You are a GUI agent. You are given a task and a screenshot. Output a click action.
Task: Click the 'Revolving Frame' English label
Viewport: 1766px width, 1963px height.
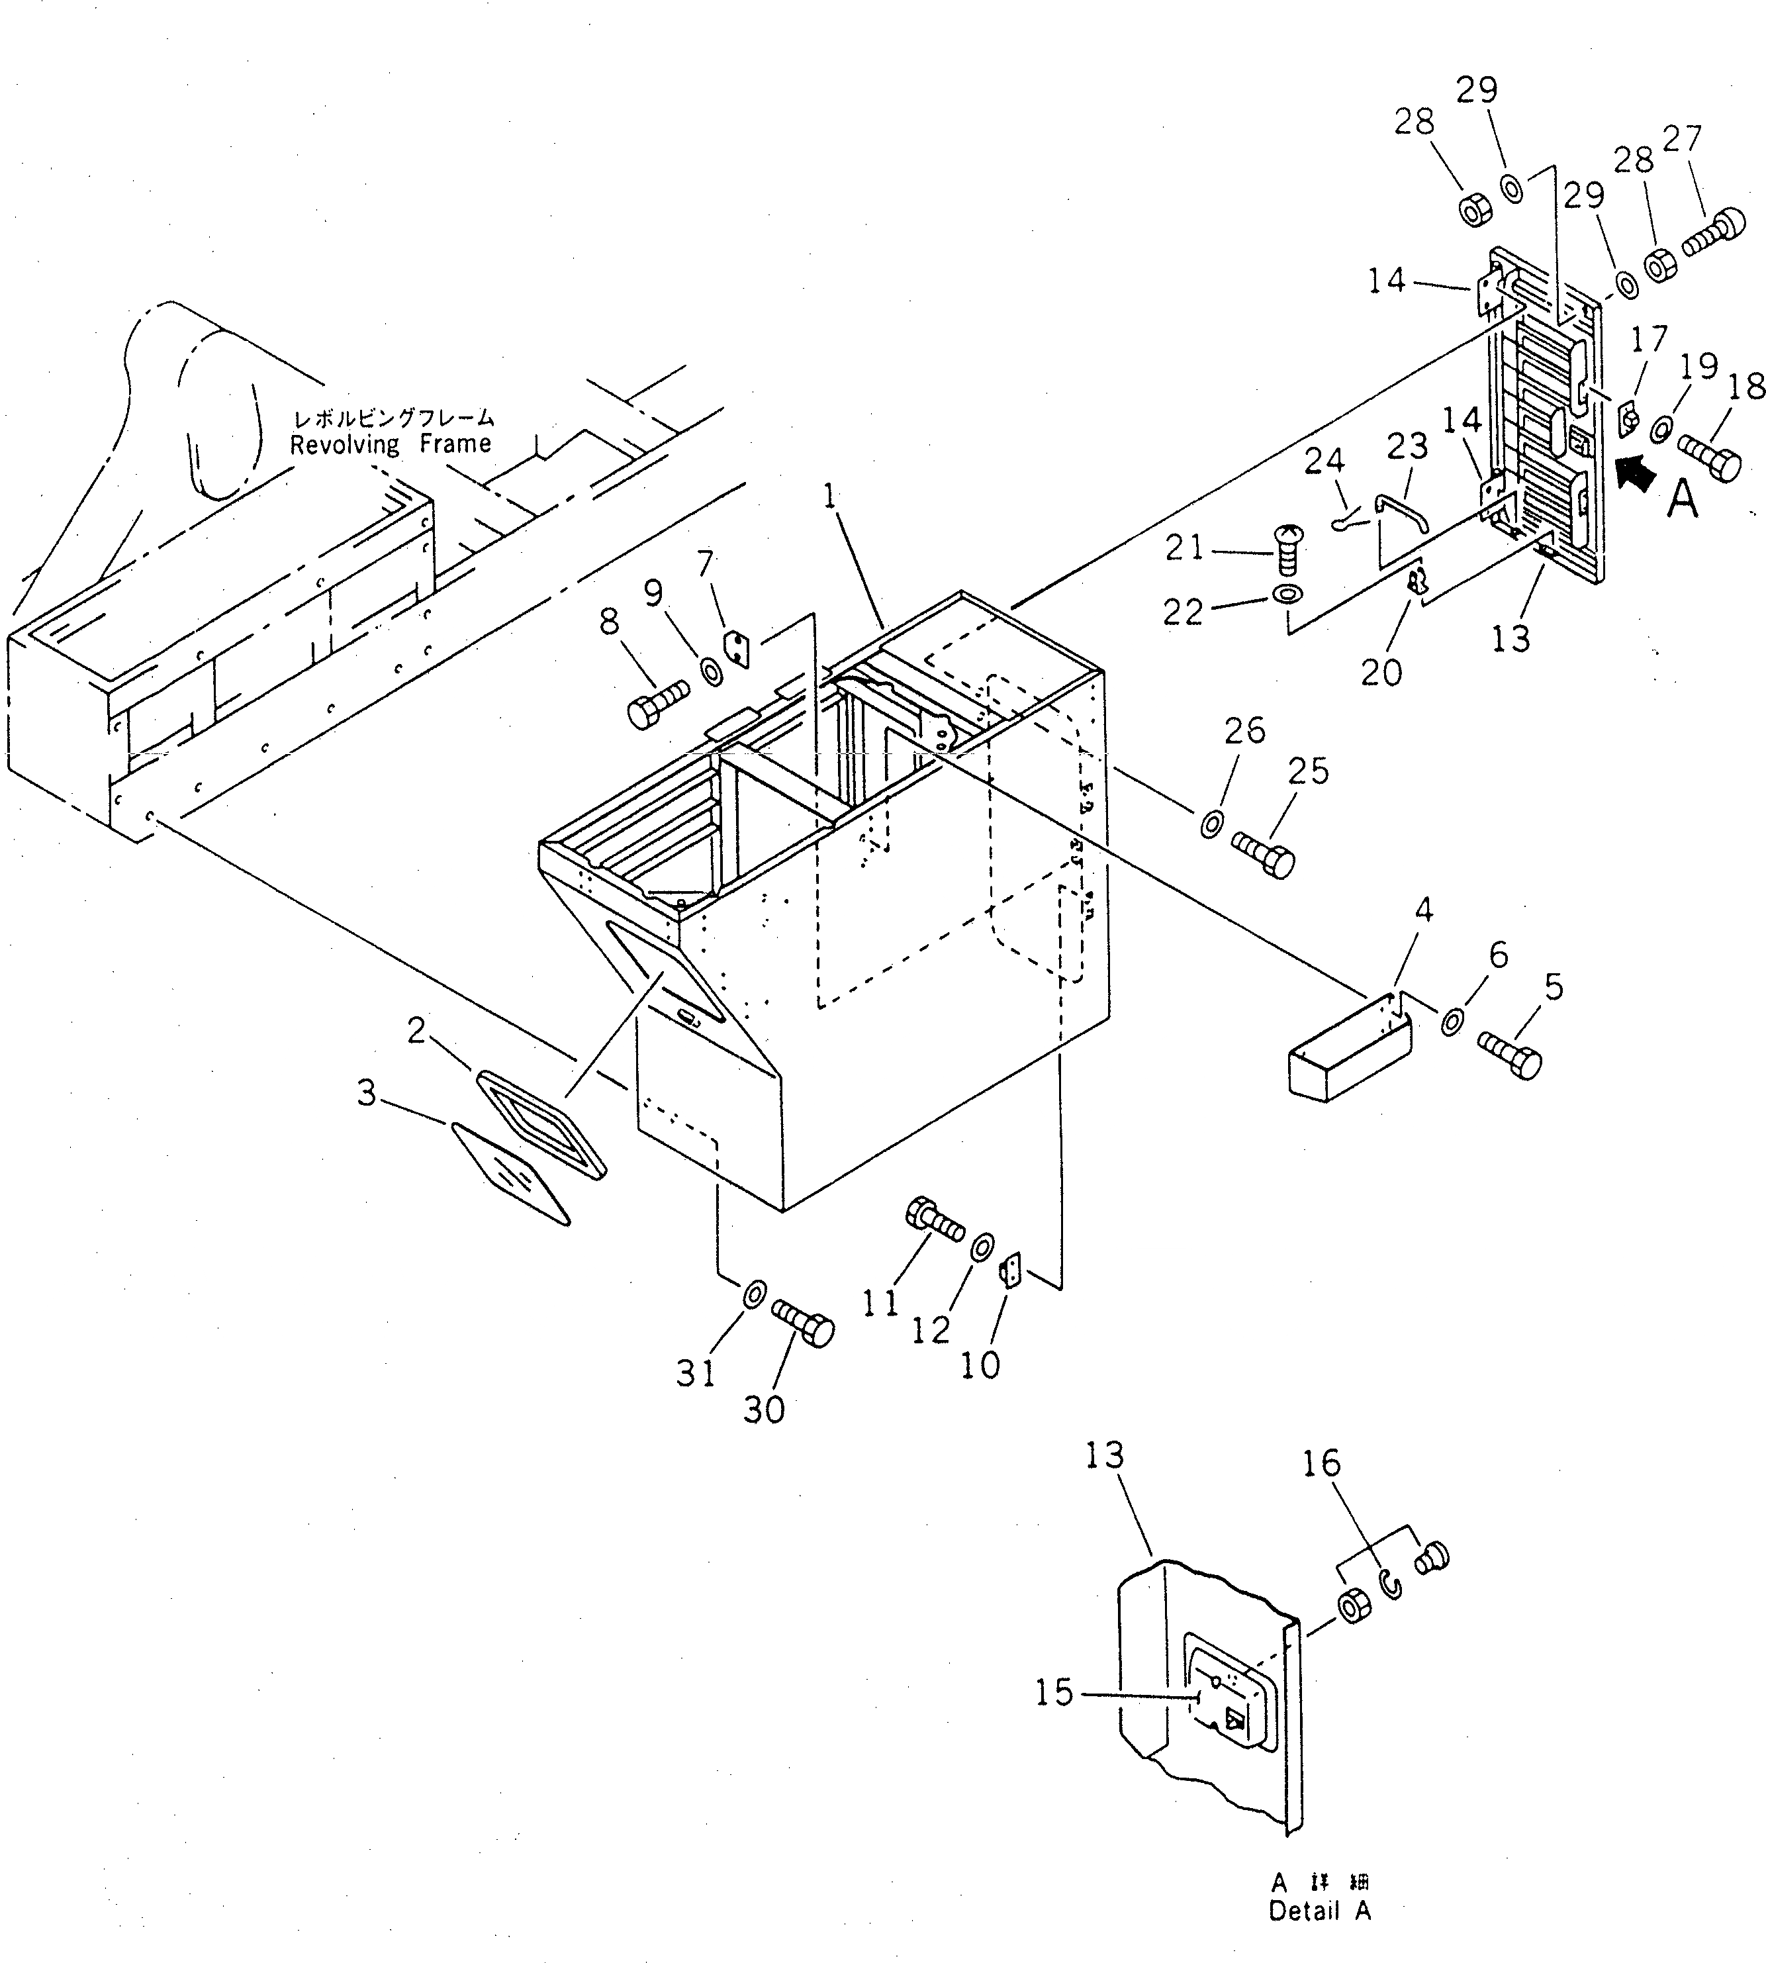[390, 444]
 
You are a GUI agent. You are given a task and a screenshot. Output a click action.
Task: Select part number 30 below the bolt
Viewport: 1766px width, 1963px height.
[764, 1410]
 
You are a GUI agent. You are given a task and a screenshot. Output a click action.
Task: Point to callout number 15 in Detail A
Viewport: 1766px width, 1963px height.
[1054, 1694]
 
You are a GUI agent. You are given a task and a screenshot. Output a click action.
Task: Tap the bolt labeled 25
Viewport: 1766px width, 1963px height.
[1264, 853]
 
